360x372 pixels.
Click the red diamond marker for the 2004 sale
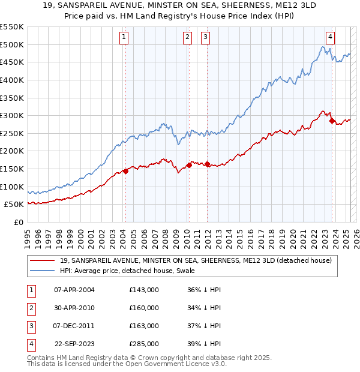(x=125, y=172)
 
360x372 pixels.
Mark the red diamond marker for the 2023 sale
(x=332, y=121)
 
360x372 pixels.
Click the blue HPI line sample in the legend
(x=43, y=271)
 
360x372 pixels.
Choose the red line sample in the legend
(x=43, y=260)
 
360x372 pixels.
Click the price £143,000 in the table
(x=144, y=290)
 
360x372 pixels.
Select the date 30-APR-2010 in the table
(x=74, y=308)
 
